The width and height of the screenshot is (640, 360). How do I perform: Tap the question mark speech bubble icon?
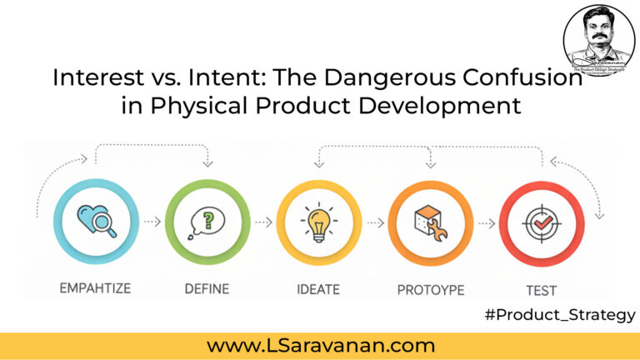(207, 222)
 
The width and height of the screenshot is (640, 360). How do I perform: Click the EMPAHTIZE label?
(94, 289)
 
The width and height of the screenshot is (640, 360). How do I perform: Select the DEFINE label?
(207, 289)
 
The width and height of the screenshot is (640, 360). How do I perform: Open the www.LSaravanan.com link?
(320, 345)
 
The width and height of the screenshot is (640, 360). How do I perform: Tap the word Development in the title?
(448, 107)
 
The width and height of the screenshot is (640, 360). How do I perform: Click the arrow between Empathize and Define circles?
(151, 222)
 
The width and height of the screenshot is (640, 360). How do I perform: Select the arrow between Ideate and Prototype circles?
(375, 222)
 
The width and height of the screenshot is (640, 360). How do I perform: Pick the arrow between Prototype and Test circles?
(486, 222)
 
